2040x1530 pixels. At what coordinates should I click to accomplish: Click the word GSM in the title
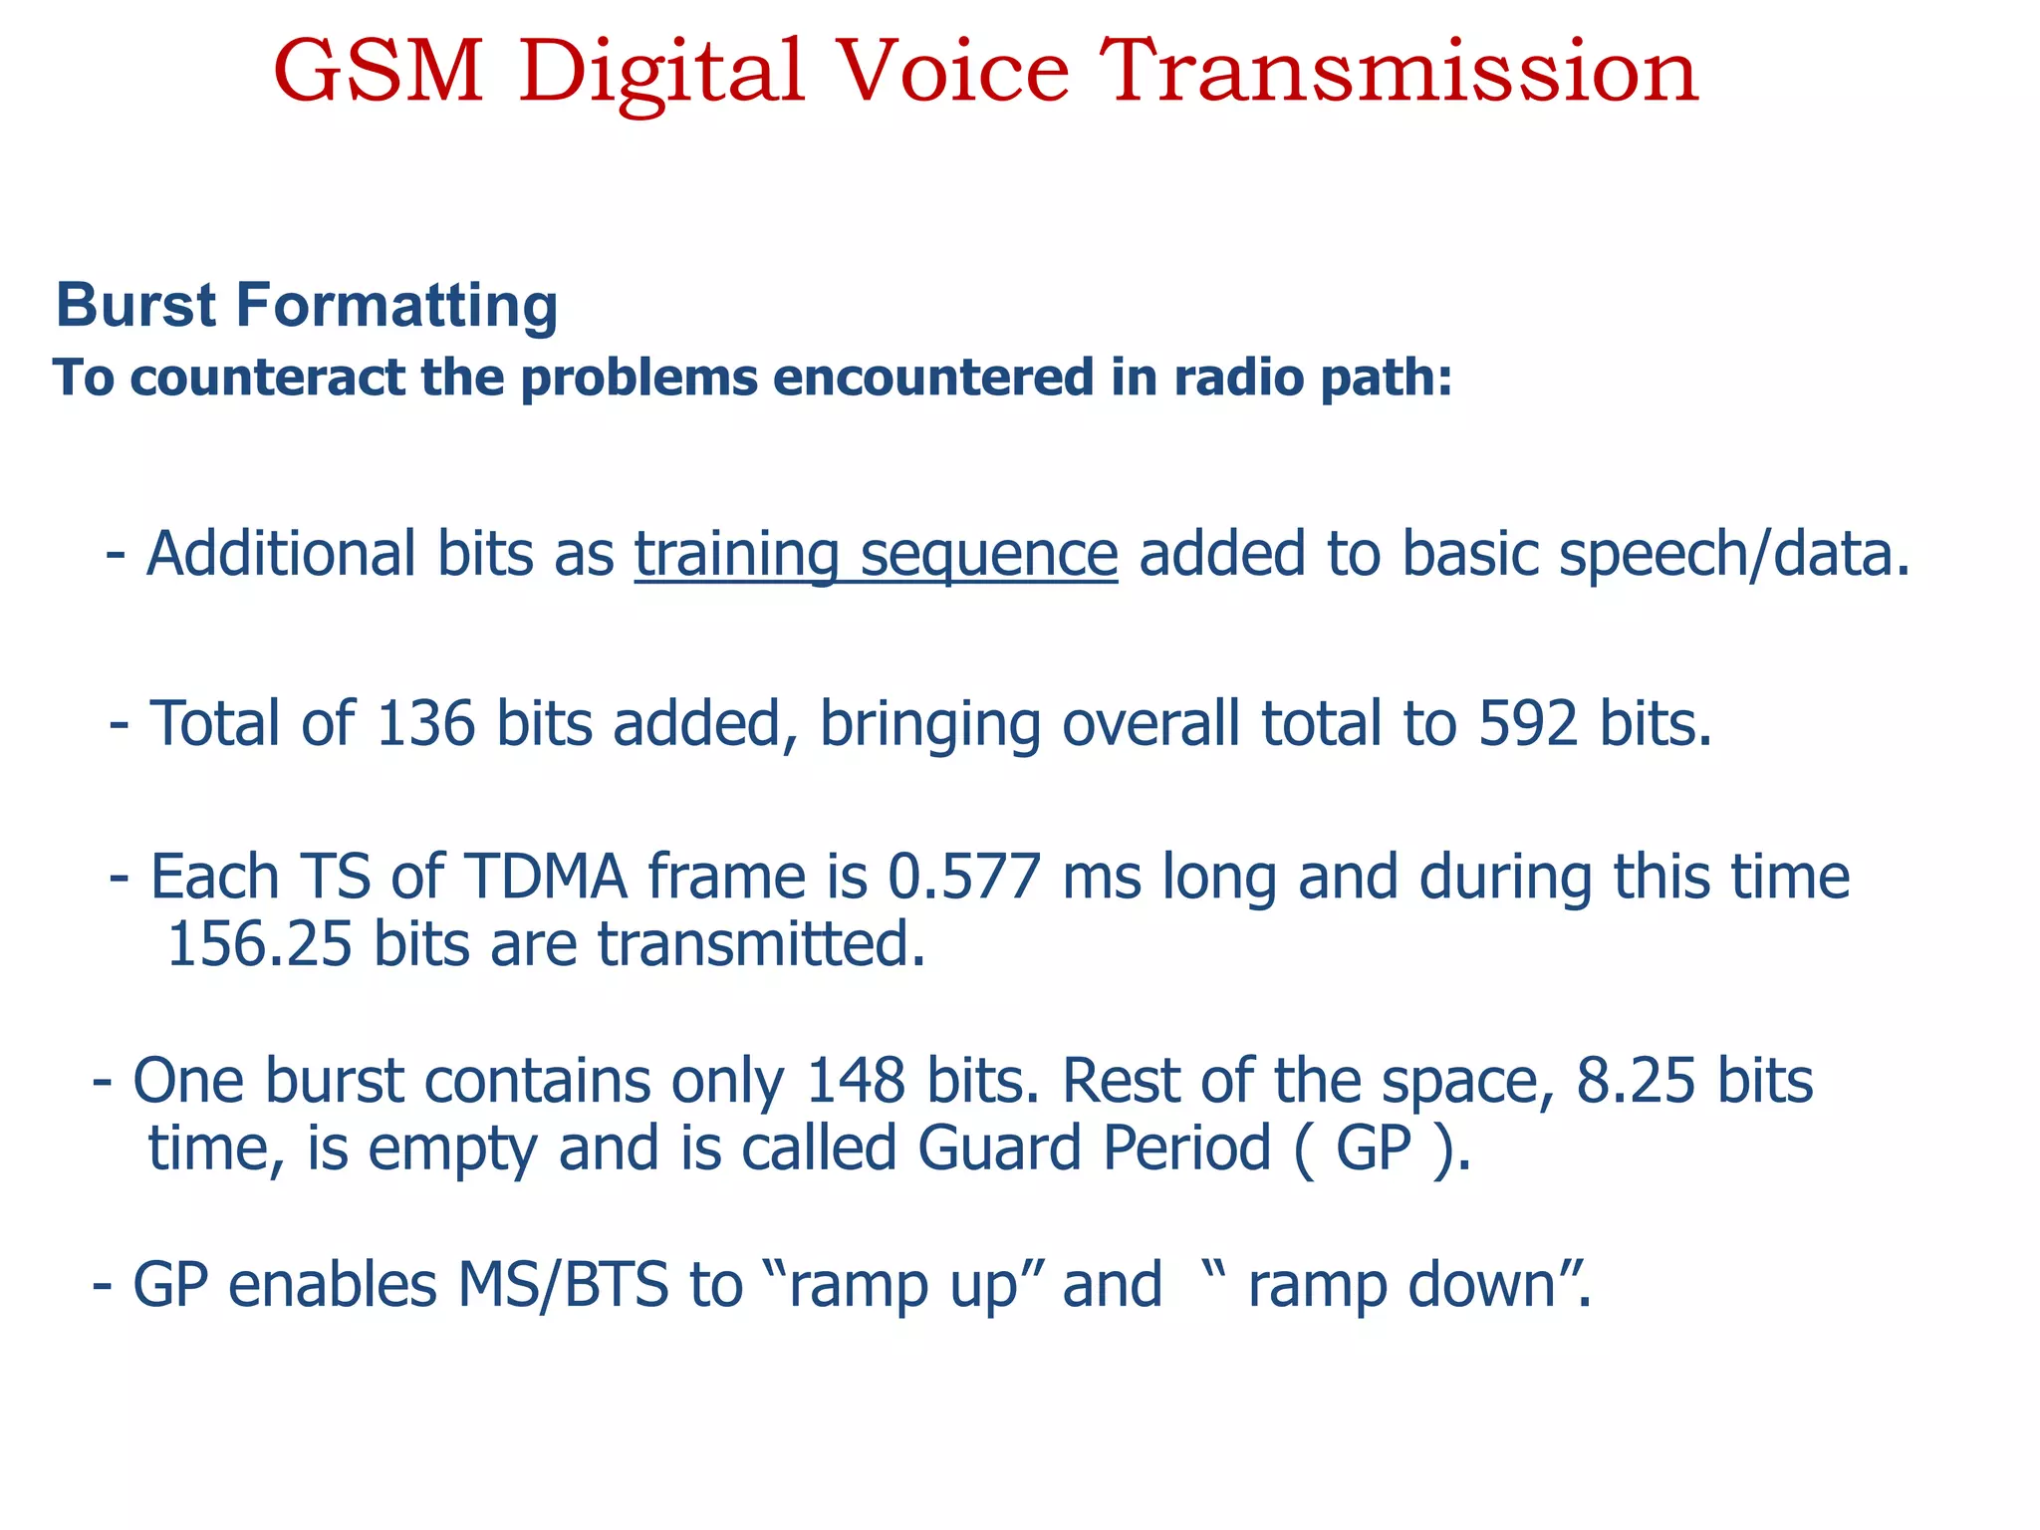pos(379,72)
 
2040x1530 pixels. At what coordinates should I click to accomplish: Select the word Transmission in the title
pos(1399,72)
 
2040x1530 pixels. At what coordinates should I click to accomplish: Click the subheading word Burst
pos(135,305)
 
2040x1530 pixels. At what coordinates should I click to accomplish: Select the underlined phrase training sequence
pos(876,554)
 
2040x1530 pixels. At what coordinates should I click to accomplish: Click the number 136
pos(426,723)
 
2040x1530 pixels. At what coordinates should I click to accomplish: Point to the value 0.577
pos(964,877)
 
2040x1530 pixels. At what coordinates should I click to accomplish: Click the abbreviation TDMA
pos(546,877)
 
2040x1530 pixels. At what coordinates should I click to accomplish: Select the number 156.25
pos(259,944)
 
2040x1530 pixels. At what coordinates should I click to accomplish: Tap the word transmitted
pos(761,944)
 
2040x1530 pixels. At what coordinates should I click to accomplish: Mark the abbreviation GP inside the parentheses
pos(1374,1148)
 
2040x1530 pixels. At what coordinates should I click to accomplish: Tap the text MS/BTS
pos(563,1285)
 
